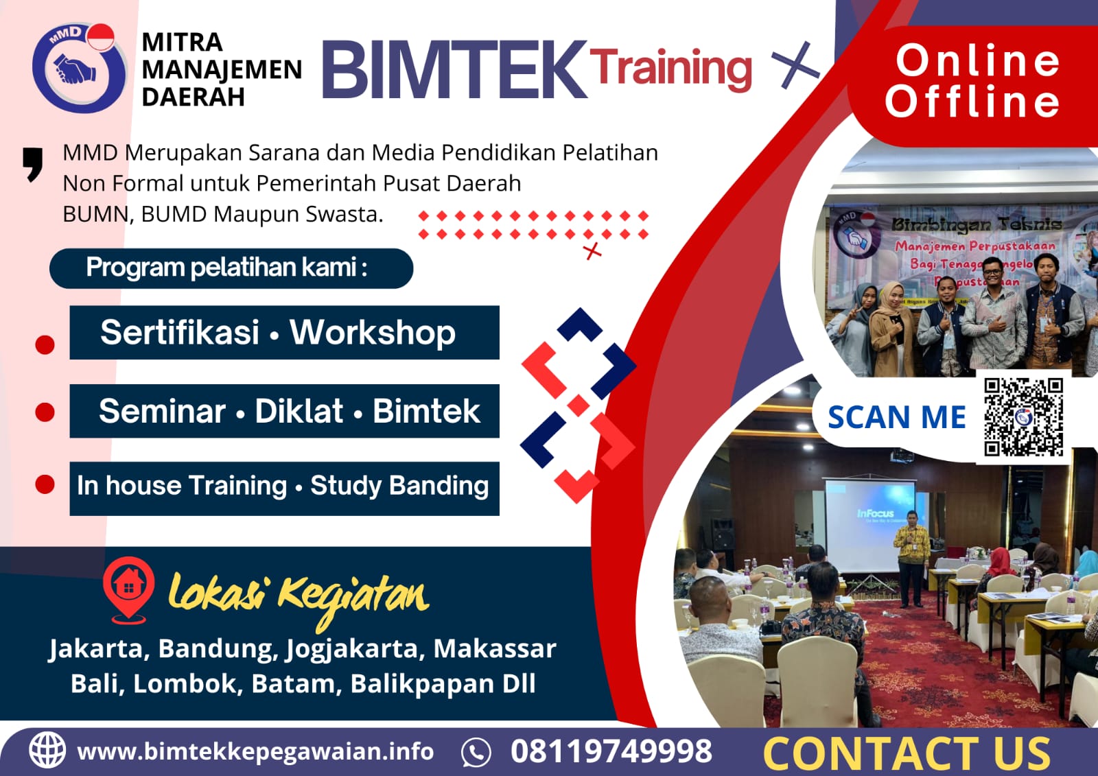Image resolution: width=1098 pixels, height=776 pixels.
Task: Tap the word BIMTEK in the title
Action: (453, 69)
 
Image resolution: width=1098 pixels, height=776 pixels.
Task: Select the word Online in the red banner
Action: (978, 60)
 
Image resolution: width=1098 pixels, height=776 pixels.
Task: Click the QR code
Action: (1023, 416)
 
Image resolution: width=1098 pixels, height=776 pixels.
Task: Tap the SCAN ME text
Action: (896, 417)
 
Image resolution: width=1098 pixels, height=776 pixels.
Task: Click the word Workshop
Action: (372, 333)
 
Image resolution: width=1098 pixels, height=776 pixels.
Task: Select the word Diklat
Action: (299, 412)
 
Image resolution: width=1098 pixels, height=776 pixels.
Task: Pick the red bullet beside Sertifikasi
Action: (45, 344)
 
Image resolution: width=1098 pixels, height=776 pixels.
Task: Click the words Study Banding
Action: (399, 486)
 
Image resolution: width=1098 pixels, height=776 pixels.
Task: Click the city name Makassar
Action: (494, 648)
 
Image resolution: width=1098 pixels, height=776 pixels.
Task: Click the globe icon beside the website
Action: (47, 750)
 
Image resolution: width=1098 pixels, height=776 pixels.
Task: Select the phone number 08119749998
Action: (611, 751)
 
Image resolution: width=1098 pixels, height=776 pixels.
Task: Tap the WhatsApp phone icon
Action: (476, 752)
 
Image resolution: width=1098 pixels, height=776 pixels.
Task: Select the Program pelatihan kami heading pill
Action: (231, 268)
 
